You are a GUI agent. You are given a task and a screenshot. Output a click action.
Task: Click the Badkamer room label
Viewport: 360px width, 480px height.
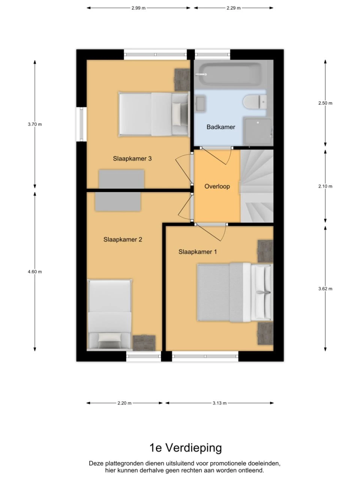click(x=221, y=127)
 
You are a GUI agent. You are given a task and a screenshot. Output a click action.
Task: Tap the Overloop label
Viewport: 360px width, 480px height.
click(x=217, y=186)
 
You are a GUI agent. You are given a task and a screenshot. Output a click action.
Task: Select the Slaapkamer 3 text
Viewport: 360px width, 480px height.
click(x=132, y=159)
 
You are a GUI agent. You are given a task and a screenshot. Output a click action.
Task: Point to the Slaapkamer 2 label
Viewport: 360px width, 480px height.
click(x=123, y=240)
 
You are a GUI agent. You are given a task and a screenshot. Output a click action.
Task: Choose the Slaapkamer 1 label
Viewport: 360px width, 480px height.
click(x=198, y=252)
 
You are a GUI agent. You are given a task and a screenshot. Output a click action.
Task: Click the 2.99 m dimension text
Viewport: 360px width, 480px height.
click(x=138, y=8)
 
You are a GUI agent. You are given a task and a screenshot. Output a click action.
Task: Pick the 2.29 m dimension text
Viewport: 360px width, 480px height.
click(x=234, y=8)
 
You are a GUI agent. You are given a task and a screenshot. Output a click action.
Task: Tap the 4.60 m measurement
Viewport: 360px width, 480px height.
click(x=35, y=271)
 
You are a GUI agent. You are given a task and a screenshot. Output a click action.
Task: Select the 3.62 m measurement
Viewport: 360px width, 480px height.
click(x=325, y=289)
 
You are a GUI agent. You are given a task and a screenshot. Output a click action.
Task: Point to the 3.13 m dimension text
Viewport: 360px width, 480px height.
click(x=219, y=403)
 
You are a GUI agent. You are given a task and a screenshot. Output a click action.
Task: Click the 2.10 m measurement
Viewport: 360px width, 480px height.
click(x=325, y=186)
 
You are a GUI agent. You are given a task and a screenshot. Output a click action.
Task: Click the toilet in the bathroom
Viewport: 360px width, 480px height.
click(x=255, y=102)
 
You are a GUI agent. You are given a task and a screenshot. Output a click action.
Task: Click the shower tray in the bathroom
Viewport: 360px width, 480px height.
click(x=258, y=132)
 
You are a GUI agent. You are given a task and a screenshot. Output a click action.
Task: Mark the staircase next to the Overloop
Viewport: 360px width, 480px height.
click(x=257, y=186)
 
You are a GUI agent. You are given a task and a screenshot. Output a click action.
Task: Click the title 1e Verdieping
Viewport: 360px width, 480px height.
click(x=186, y=447)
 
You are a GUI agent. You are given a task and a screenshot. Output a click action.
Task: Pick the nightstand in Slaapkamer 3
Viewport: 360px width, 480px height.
click(x=182, y=80)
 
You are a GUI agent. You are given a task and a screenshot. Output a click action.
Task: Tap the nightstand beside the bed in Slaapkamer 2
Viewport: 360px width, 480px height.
click(x=144, y=343)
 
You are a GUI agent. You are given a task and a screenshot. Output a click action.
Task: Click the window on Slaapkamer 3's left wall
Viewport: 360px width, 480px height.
click(x=81, y=124)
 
